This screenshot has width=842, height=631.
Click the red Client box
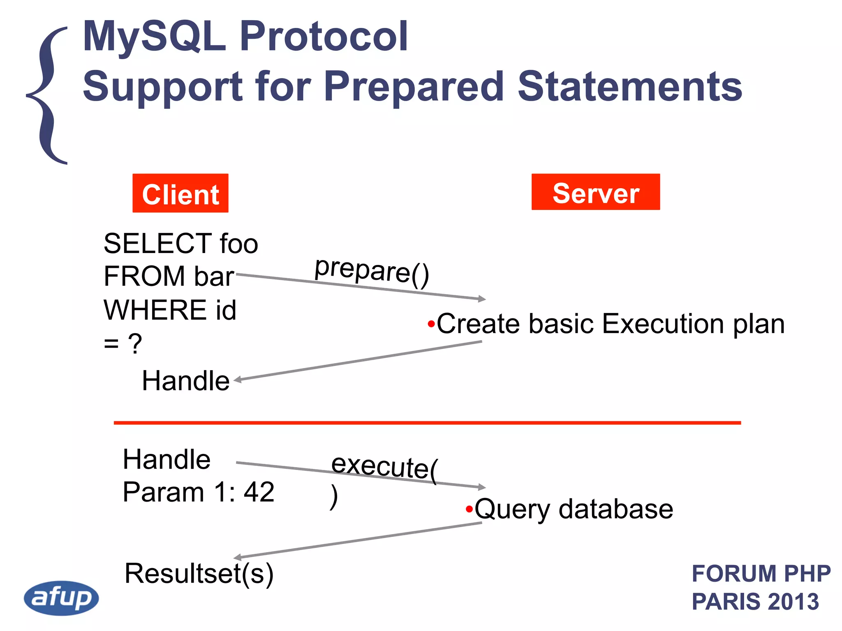click(180, 193)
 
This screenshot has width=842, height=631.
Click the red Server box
click(595, 192)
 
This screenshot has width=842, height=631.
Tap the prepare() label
click(372, 271)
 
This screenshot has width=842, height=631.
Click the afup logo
click(61, 598)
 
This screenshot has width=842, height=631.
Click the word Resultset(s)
click(199, 573)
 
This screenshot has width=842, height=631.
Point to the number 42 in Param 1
click(259, 492)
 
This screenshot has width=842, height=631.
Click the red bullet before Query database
click(469, 510)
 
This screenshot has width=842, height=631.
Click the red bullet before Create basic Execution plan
click(431, 325)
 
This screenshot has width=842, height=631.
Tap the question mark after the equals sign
click(135, 343)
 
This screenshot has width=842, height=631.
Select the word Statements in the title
click(629, 86)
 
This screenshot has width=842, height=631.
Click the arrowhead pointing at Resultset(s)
click(238, 557)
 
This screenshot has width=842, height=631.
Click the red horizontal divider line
click(427, 423)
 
